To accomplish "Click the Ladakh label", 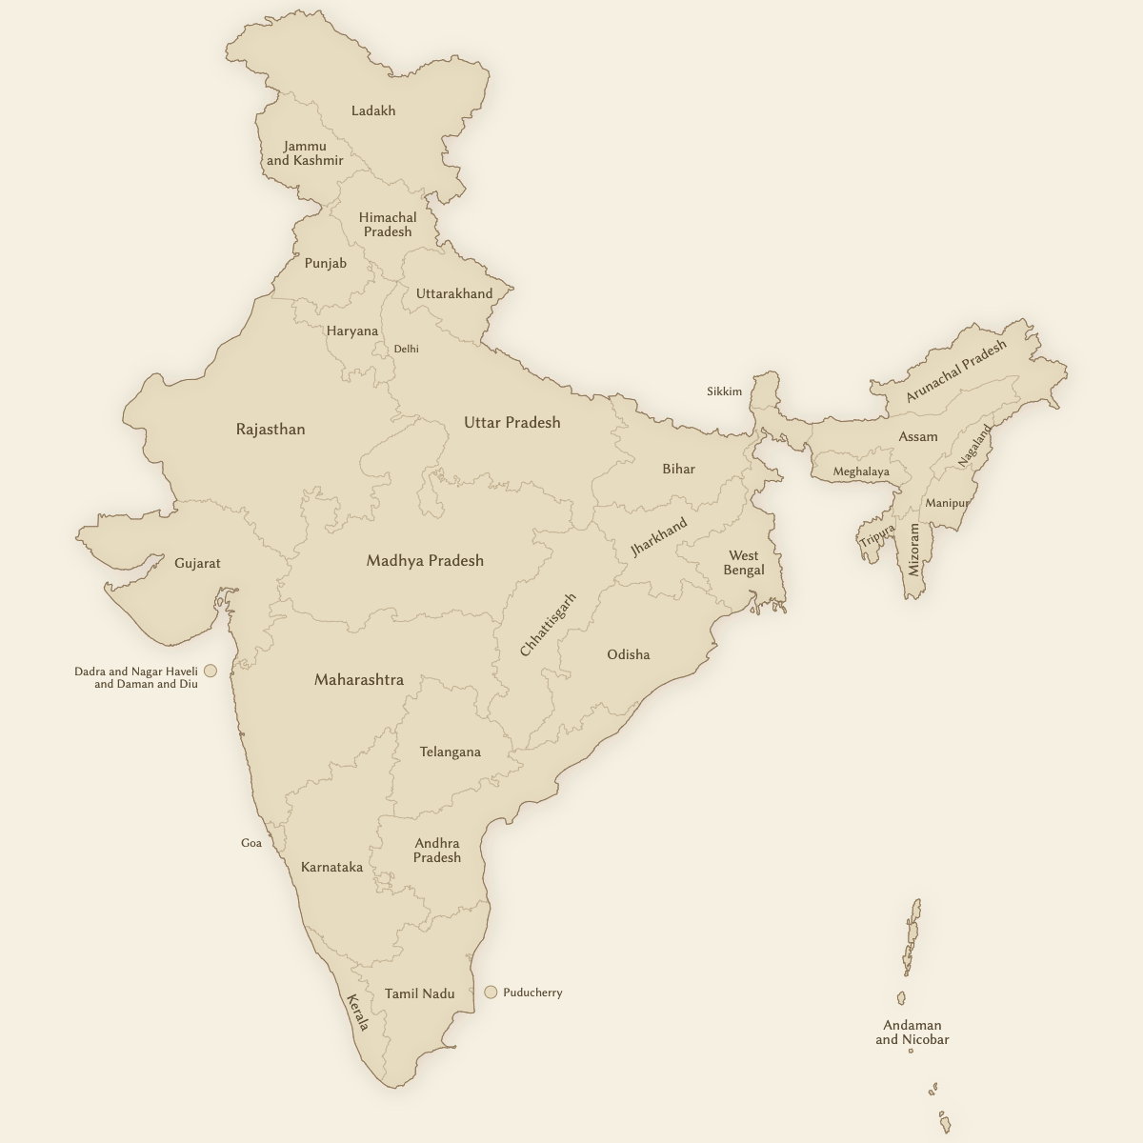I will (x=373, y=110).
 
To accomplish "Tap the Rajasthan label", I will (x=271, y=430).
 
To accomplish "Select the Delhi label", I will (x=407, y=349).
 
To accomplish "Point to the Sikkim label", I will (x=724, y=391).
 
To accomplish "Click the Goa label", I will (x=251, y=843).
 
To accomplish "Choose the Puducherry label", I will (x=532, y=993).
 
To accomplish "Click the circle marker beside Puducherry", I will (x=491, y=992).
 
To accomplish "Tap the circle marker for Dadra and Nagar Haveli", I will (x=211, y=671).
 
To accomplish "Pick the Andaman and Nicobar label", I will (x=912, y=1033).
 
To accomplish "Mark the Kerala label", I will (x=357, y=1013).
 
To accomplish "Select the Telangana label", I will (x=451, y=752).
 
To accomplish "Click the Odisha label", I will (x=629, y=655).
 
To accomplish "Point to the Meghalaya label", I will (x=861, y=471).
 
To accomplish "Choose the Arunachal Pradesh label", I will (x=955, y=371).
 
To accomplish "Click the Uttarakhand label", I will (x=454, y=293).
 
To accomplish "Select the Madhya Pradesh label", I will (x=425, y=561).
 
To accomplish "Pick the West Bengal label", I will (x=744, y=563).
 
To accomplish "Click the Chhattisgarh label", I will (x=548, y=625).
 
